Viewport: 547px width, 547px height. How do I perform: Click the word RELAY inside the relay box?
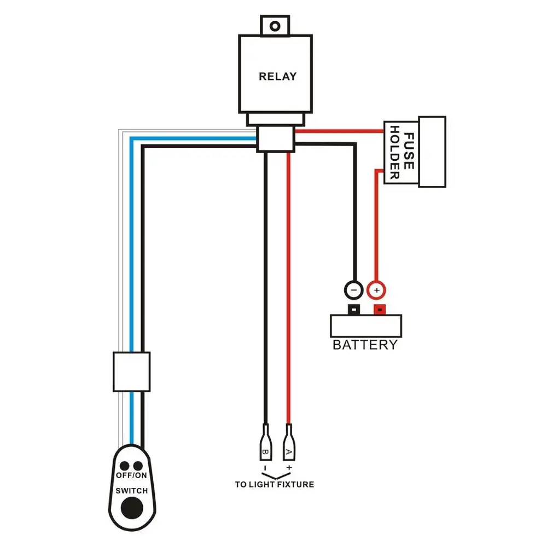point(277,77)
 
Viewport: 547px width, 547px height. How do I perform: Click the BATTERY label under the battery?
point(365,345)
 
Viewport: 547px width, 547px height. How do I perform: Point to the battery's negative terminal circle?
point(354,288)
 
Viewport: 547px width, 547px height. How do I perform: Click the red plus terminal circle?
point(376,288)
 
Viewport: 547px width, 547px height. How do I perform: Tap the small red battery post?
point(378,310)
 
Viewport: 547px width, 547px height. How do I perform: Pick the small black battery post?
point(354,310)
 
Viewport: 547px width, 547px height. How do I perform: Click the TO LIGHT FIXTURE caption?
point(275,485)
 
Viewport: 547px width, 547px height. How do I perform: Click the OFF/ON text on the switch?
point(131,475)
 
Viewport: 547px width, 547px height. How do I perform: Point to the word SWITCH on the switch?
point(131,491)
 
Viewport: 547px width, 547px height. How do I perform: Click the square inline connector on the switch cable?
point(131,371)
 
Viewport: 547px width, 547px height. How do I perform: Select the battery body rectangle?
point(366,326)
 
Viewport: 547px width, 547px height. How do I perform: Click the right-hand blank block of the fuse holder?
point(432,152)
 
